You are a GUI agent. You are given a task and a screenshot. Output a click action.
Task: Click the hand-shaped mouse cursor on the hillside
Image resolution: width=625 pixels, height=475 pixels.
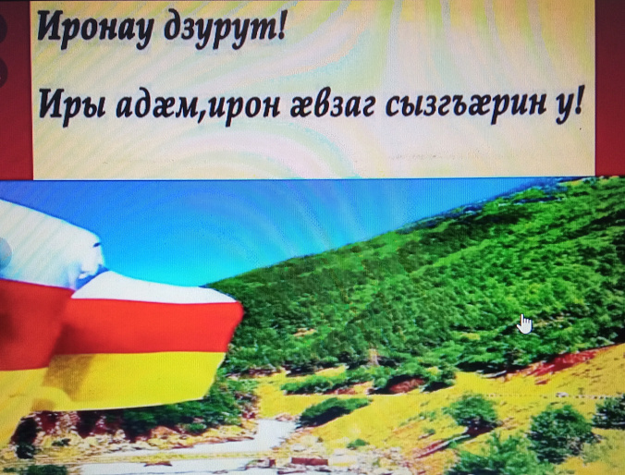click(x=525, y=323)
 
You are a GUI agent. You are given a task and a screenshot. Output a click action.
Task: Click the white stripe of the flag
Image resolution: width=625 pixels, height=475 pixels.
click(x=46, y=240)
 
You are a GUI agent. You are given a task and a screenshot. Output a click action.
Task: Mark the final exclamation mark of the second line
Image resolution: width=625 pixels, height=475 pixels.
click(x=581, y=104)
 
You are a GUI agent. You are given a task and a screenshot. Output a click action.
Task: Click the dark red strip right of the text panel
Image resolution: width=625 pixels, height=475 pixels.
click(x=610, y=83)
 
